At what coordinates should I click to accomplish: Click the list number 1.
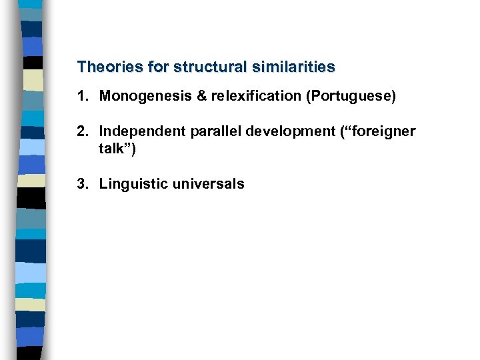(x=81, y=97)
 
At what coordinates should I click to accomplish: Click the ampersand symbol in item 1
(x=202, y=97)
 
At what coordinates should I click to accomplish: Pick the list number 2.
(x=81, y=131)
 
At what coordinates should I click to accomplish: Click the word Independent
(x=140, y=131)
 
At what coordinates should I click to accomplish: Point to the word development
(x=284, y=131)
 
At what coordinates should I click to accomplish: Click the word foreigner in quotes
(x=380, y=131)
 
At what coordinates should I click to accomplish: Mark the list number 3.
(x=81, y=184)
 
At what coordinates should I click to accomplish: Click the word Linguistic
(x=133, y=184)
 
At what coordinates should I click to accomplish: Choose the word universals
(x=208, y=184)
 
